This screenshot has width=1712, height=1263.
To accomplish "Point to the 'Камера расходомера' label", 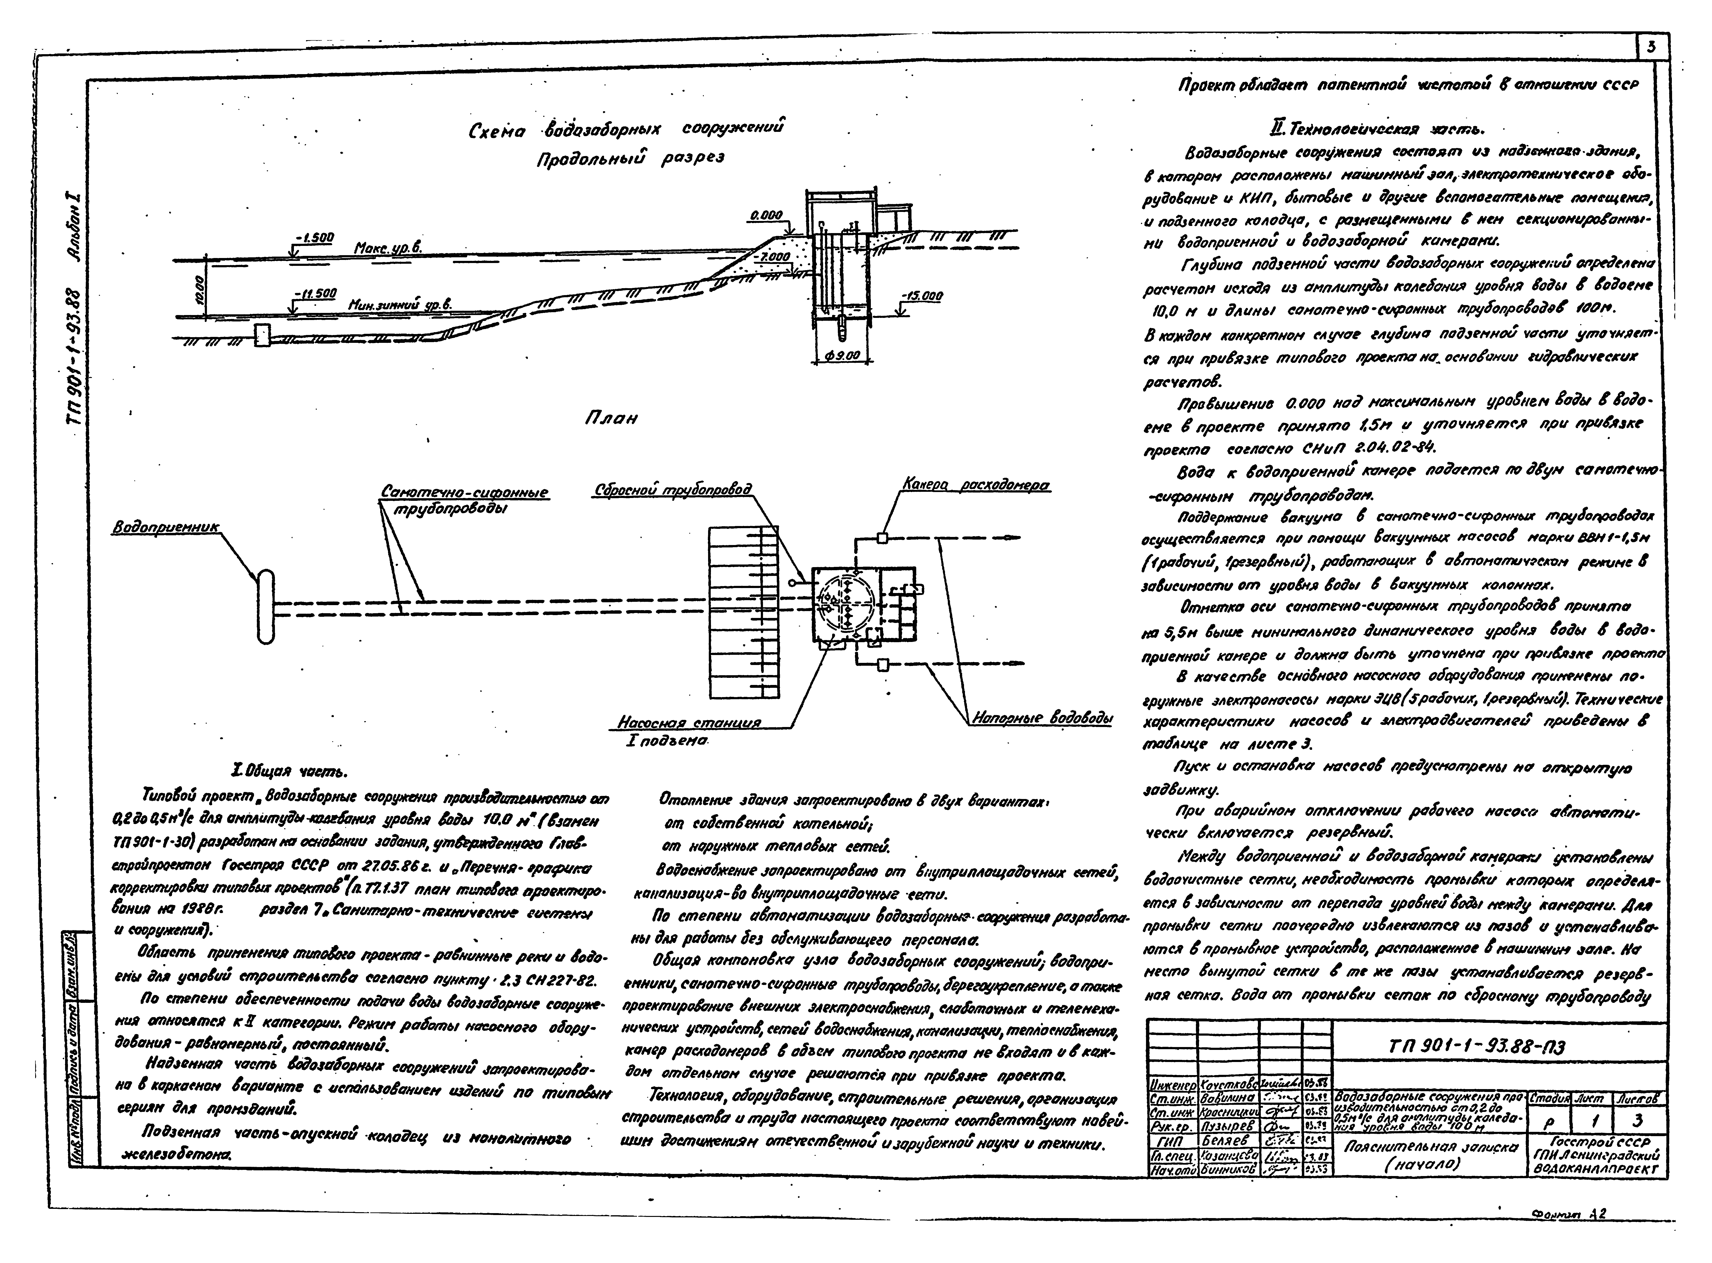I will (975, 485).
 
